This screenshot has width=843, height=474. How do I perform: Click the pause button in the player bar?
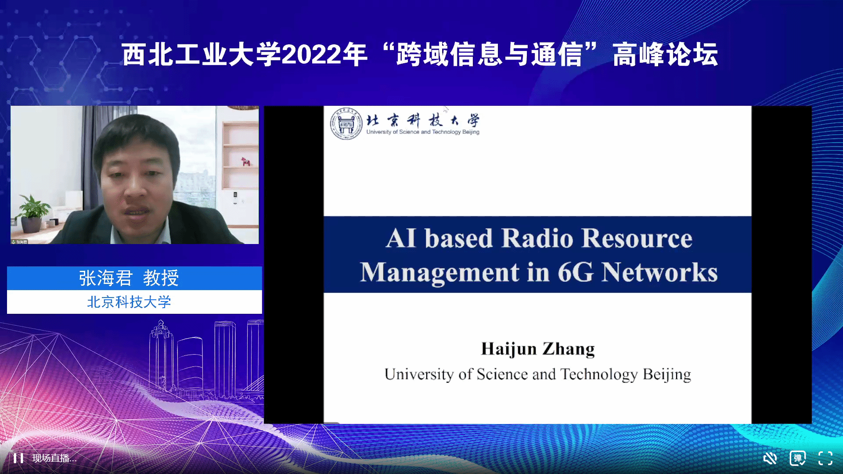18,458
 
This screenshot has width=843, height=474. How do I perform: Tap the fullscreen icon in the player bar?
825,458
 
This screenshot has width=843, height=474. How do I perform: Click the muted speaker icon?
770,458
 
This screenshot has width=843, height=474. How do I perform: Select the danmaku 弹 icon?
797,458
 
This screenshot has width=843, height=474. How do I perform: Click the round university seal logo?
346,124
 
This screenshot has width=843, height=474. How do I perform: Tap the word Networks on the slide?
659,272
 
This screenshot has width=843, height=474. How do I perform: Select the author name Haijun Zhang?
538,349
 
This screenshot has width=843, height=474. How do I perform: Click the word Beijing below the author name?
667,374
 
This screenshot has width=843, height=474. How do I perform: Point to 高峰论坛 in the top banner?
666,55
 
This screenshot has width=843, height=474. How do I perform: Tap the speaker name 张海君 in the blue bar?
106,278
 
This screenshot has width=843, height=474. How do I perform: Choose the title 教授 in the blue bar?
161,278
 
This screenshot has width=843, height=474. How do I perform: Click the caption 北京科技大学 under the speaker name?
129,302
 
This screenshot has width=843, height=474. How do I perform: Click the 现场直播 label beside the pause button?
54,458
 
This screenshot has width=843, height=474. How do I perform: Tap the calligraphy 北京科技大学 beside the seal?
423,120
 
